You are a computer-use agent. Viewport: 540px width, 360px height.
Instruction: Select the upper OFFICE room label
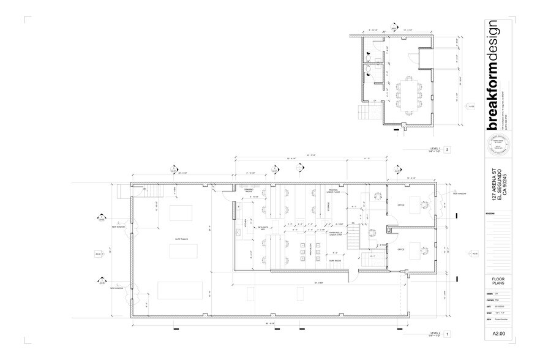tap(401, 204)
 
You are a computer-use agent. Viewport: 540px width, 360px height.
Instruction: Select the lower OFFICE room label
tap(401, 250)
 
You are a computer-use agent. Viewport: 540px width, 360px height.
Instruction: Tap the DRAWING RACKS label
tap(249, 190)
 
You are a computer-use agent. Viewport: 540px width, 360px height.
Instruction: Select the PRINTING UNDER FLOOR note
tap(333, 190)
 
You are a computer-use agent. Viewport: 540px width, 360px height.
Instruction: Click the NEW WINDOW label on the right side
tap(459, 193)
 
